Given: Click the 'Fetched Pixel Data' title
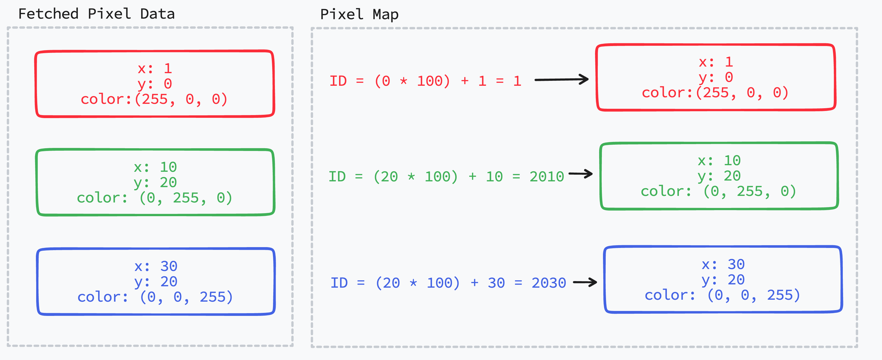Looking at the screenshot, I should point(96,14).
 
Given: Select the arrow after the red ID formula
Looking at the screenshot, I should point(562,80).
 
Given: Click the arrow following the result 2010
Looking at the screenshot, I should point(581,174).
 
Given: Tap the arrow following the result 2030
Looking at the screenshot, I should point(585,282).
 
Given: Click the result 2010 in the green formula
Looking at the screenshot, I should point(547,177).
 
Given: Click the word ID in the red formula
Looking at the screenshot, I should point(338,81).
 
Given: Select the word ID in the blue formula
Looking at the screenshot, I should point(339,283).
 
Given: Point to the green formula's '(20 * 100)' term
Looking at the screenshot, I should point(415,177).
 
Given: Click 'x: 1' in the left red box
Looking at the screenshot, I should point(155,69).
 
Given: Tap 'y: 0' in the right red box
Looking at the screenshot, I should point(716,77).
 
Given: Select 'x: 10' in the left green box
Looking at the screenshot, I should point(155,167).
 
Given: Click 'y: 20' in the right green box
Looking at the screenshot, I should point(719,176).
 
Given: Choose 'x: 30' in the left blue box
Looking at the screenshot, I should point(156,266).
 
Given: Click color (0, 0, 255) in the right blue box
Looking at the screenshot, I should point(722,295).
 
